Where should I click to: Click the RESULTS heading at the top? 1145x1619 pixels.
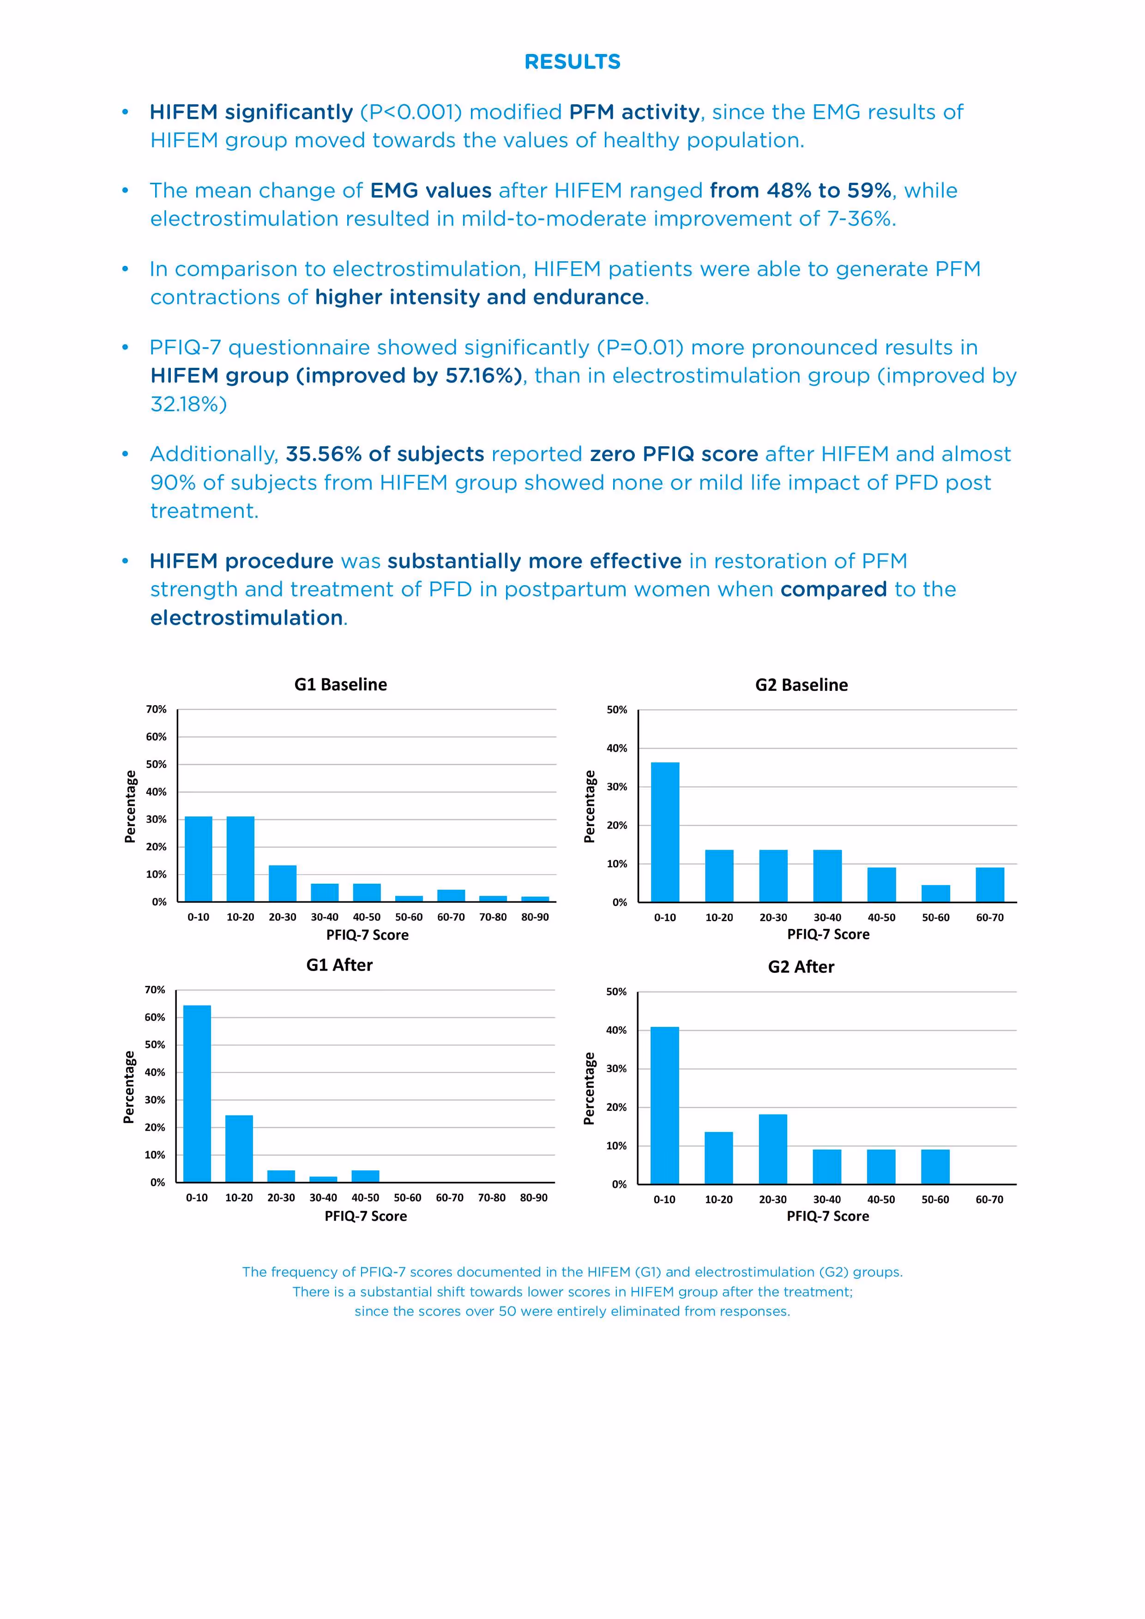pos(572,62)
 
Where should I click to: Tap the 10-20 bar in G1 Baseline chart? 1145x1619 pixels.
pos(240,859)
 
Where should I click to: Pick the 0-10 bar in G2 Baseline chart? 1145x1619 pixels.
pos(664,832)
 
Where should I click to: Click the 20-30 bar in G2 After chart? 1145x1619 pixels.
pos(772,1149)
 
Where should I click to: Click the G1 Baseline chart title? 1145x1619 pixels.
pos(340,685)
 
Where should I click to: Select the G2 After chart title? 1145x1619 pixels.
pos(801,967)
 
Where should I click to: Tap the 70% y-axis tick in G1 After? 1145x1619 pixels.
pos(155,990)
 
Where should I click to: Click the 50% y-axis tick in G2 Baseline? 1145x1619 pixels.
pos(617,710)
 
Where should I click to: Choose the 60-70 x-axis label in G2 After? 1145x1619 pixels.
pos(989,1199)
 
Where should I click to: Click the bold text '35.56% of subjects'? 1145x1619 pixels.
pos(385,454)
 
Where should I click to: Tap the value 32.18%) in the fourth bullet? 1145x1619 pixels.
pos(188,404)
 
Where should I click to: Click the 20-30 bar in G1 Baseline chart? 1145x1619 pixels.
pos(282,883)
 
